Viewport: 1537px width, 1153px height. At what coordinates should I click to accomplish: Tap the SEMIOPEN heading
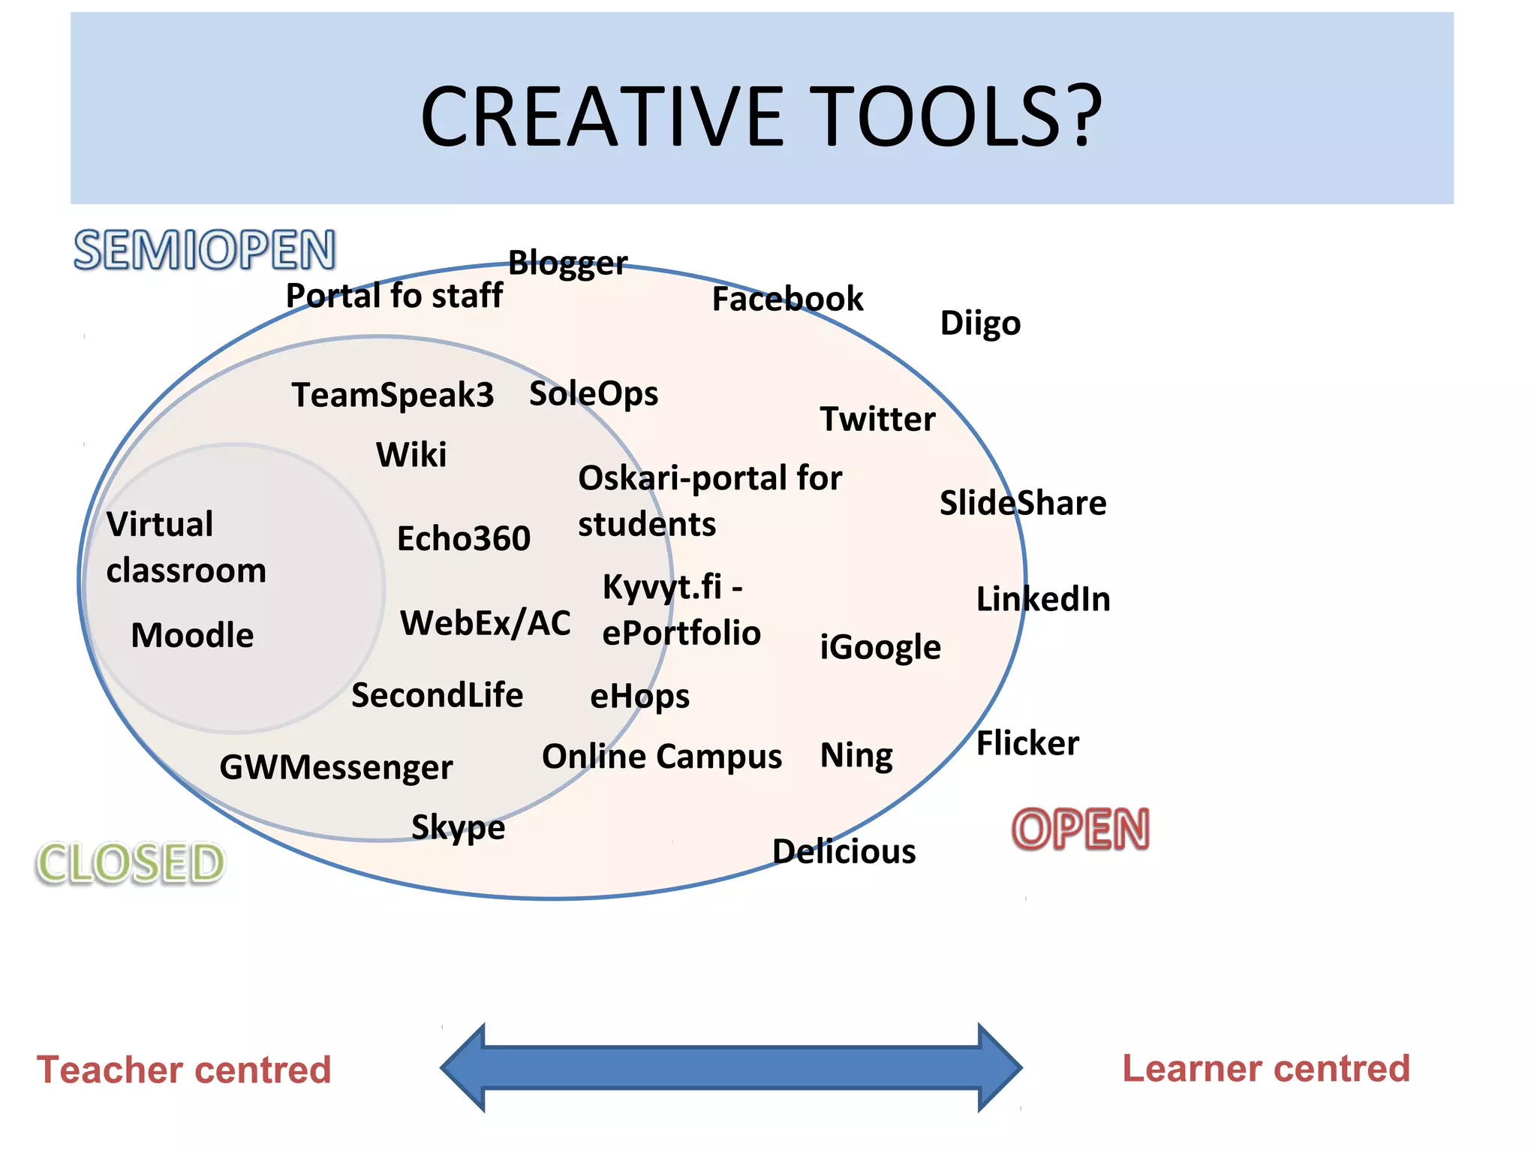pos(204,250)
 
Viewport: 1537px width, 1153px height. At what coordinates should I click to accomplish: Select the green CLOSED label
pos(131,862)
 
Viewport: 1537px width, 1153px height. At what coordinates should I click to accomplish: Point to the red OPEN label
pos(1081,829)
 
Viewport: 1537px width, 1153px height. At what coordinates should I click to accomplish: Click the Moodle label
pos(192,635)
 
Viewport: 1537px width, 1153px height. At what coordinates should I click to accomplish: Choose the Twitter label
pos(877,419)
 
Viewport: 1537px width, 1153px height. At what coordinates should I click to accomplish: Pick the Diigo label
pos(980,324)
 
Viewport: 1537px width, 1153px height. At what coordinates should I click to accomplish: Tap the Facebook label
pos(787,299)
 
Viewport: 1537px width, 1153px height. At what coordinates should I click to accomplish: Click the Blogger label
pos(567,263)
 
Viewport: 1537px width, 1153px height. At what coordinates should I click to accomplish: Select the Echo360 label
pos(464,538)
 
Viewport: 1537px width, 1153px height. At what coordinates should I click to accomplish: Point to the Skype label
pos(458,827)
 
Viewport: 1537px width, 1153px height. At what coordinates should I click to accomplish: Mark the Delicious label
pos(844,851)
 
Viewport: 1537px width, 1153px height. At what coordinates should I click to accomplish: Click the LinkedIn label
pos(1043,599)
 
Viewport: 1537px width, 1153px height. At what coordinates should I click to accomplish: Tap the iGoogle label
pos(880,647)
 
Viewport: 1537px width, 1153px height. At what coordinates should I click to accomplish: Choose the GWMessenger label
pos(336,767)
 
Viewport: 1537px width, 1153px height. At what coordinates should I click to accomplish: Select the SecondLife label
pos(437,695)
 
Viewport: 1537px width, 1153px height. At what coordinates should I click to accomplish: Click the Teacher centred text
pos(184,1069)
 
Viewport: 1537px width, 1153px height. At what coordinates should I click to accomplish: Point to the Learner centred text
pos(1266,1068)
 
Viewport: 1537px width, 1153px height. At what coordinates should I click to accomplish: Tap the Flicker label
pos(1027,743)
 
